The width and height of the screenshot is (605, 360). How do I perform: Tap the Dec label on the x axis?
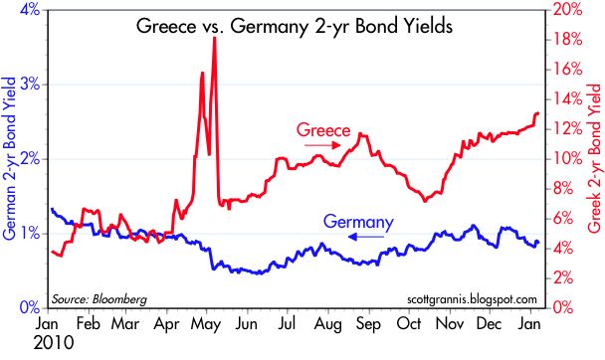(489, 324)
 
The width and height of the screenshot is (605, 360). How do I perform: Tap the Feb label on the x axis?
(89, 324)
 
